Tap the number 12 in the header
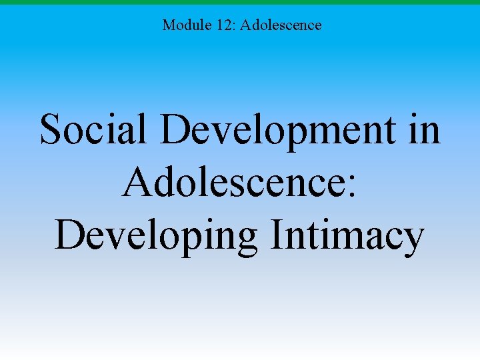222,25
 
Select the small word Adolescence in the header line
281,25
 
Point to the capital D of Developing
68,235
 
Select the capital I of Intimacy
277,235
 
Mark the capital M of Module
169,25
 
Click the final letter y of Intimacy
413,241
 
